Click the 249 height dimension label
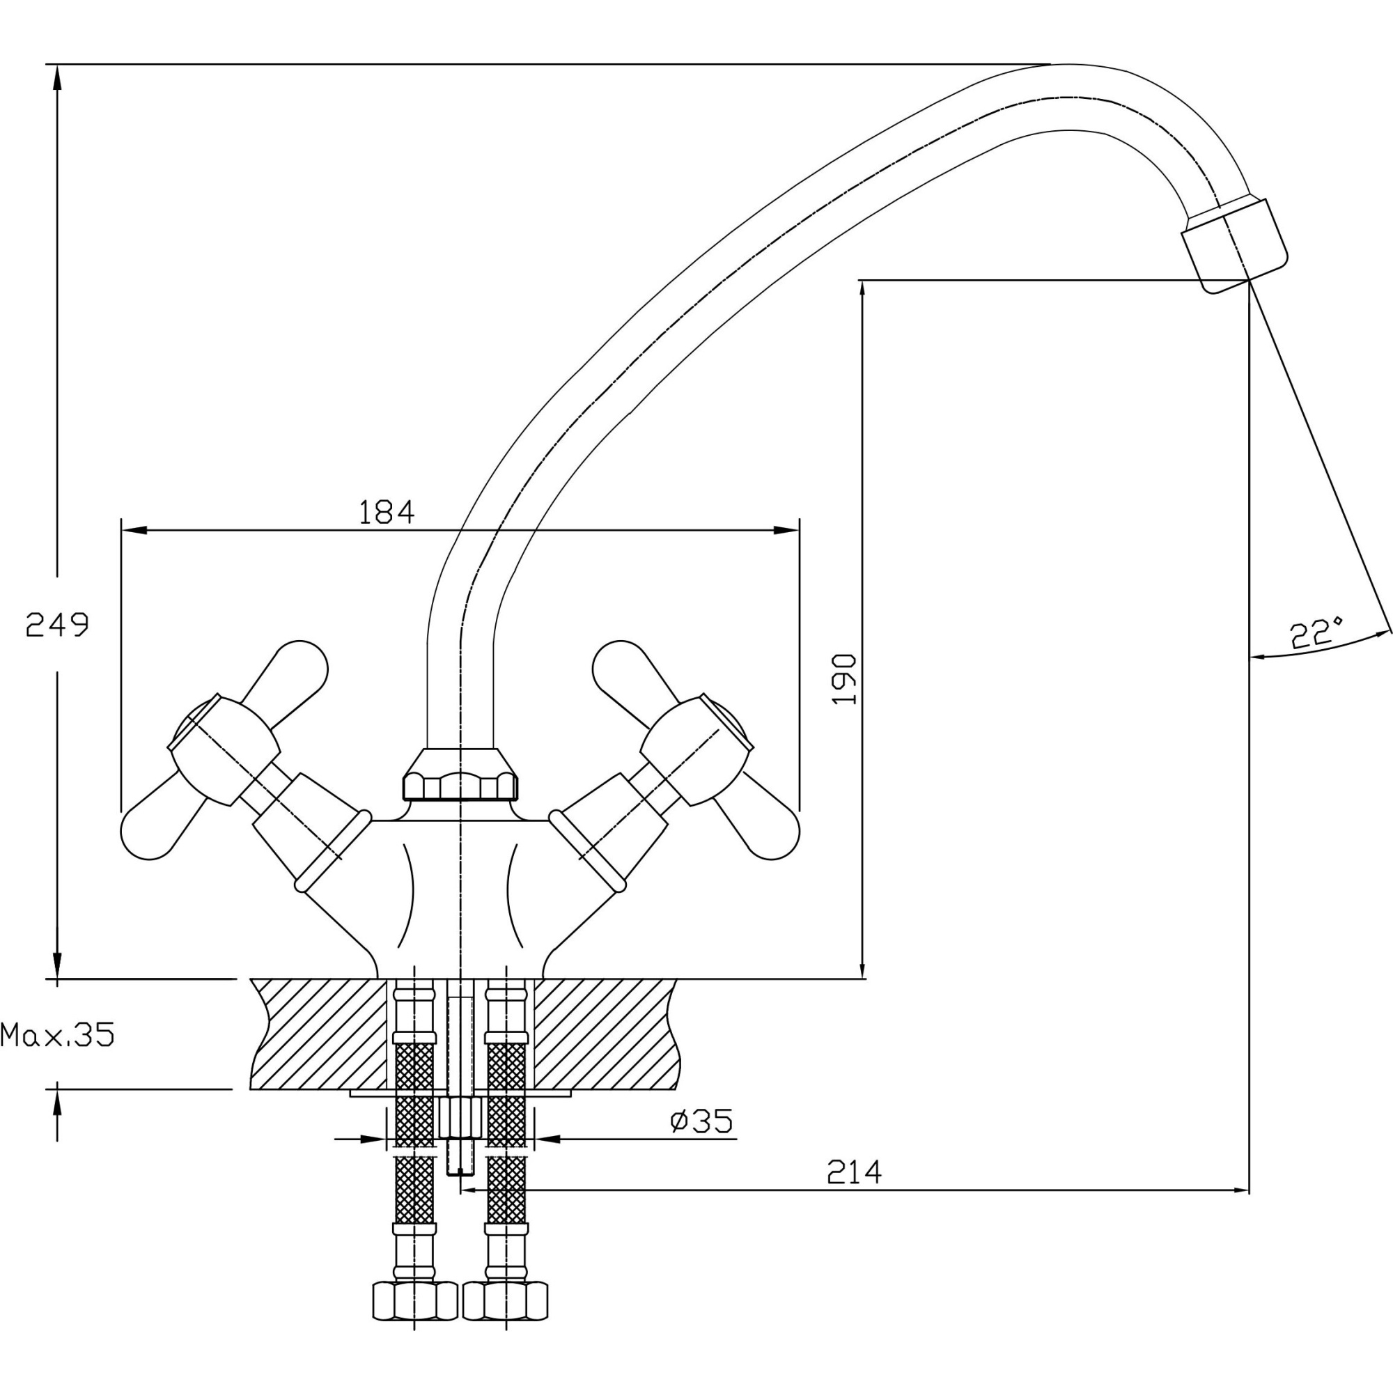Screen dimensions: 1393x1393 point(57,624)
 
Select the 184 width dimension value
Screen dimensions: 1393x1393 point(387,513)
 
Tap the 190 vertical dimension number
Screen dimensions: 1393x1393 point(843,679)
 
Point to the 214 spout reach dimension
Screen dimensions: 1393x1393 point(855,1172)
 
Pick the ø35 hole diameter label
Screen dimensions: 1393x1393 point(701,1121)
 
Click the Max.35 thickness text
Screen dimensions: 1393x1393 point(58,1036)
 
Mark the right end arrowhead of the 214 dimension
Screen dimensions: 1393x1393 point(1240,1190)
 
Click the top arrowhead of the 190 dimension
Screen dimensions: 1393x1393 point(862,289)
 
